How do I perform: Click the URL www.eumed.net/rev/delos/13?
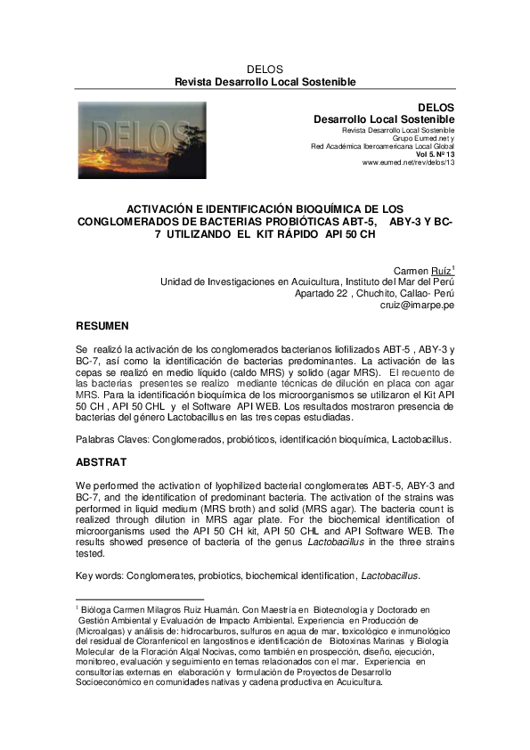(408, 163)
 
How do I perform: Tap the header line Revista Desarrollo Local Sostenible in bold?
(265, 82)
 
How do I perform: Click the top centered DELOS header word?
(265, 69)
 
